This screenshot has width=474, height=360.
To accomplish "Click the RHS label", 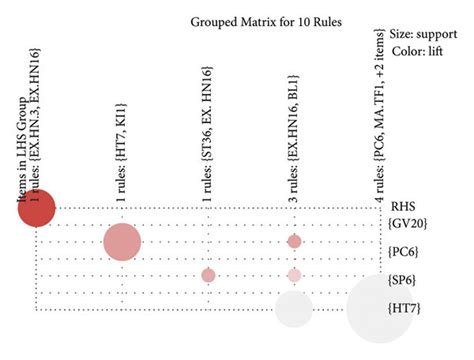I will click(403, 207).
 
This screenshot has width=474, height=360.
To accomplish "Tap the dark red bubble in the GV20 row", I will click(37, 208).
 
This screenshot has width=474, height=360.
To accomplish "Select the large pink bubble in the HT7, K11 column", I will click(122, 242).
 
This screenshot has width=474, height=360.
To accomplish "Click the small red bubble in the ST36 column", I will click(208, 275).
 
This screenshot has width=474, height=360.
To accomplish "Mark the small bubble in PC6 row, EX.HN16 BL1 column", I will click(294, 241).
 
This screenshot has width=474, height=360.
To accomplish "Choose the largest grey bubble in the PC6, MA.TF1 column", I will click(379, 309).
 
